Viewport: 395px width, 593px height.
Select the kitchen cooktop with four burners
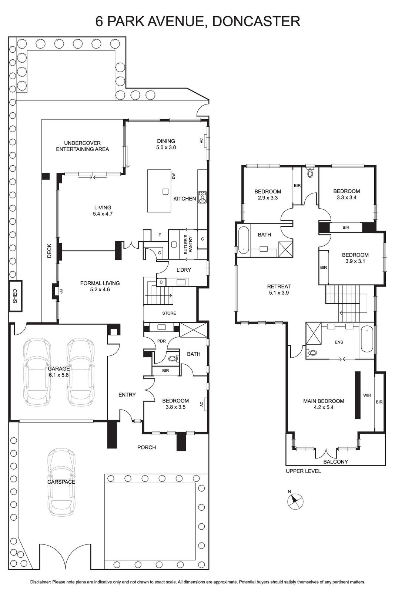202,197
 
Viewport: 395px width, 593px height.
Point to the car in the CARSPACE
61,482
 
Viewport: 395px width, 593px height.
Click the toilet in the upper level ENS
312,353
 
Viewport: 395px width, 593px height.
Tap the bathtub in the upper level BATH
243,239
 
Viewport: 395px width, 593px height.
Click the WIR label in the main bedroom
367,395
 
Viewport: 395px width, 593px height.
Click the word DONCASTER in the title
256,21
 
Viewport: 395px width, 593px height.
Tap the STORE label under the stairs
169,313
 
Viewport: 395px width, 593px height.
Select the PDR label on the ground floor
161,341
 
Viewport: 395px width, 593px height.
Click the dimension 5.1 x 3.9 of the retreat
279,293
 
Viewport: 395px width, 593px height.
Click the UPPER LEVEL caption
303,471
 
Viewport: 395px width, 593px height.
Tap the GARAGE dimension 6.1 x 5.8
58,375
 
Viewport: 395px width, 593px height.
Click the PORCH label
147,447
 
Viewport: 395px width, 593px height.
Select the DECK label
50,251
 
